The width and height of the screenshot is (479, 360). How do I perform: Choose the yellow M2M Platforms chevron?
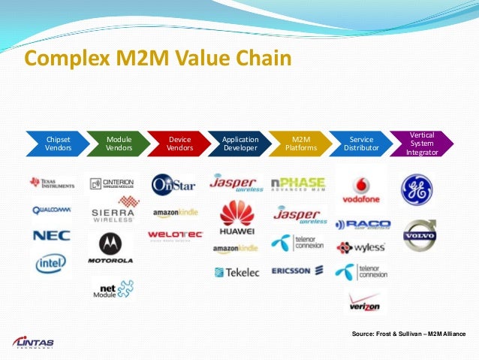click(x=301, y=144)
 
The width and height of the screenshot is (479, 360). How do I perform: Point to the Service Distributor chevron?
click(x=362, y=144)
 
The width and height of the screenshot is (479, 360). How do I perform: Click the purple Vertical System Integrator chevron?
click(x=423, y=144)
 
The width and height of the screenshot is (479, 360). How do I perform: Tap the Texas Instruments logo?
click(x=51, y=183)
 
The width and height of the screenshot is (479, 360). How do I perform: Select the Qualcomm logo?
click(x=51, y=210)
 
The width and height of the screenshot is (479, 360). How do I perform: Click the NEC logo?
click(x=51, y=236)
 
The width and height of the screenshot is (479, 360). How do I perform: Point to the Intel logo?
click(x=51, y=263)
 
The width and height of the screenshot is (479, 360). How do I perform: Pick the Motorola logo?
click(x=111, y=248)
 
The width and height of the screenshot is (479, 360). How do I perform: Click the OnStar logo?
click(x=173, y=184)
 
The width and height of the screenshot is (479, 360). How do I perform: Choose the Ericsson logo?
click(x=297, y=271)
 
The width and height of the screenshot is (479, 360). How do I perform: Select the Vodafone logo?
click(x=361, y=192)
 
